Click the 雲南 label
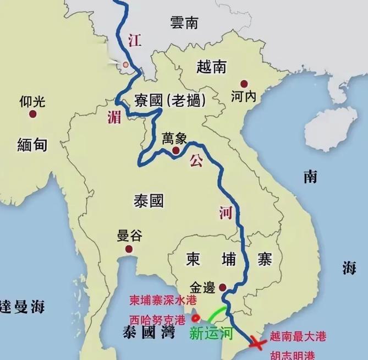[184, 23]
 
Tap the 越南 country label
[211, 67]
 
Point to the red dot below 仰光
[33, 114]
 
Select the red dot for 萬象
[175, 150]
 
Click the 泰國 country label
[149, 200]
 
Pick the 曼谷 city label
[129, 236]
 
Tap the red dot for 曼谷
[129, 249]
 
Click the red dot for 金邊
[222, 287]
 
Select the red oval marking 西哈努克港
[194, 319]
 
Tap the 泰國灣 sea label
[147, 331]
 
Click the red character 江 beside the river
[133, 40]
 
